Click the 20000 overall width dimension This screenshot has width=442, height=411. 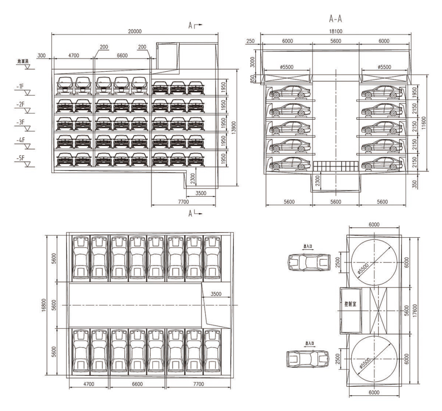pyautogui.click(x=137, y=32)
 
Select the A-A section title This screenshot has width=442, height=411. pyautogui.click(x=336, y=19)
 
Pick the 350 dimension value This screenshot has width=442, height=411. pyautogui.click(x=414, y=182)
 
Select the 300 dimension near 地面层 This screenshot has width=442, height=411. pyautogui.click(x=41, y=56)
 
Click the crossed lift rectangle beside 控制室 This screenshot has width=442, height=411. pyautogui.click(x=378, y=309)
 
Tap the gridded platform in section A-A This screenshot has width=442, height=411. pyautogui.click(x=335, y=166)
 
